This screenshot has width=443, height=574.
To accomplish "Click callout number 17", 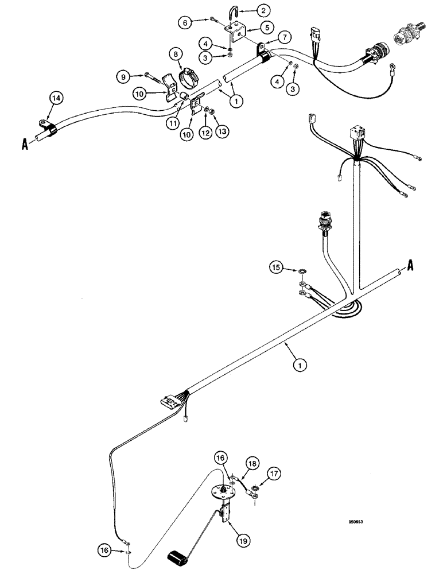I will [x=273, y=474].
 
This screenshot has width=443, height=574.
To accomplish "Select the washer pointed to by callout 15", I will [x=302, y=270].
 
